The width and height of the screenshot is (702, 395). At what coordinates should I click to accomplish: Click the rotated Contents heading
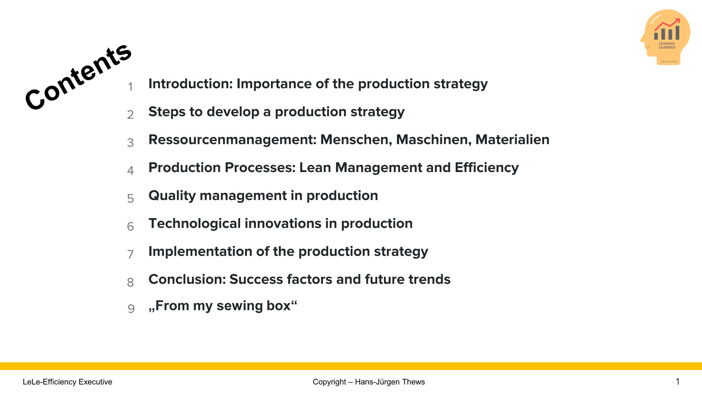[x=78, y=76]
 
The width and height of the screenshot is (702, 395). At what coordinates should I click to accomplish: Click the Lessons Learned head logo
[x=665, y=37]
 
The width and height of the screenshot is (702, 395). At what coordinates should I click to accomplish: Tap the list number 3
[x=130, y=143]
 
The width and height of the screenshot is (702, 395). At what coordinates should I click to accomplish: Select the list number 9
[x=131, y=309]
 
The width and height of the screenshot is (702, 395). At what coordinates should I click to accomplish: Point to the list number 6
[x=130, y=226]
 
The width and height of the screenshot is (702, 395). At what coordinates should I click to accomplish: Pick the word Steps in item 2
[x=167, y=112]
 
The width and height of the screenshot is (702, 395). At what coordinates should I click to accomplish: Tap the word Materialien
[x=512, y=140]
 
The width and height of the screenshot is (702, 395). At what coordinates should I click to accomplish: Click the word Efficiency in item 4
[x=486, y=168]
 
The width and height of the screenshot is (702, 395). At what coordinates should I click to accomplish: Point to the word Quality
[x=172, y=196]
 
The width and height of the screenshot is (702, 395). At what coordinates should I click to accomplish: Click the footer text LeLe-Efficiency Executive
[x=67, y=382]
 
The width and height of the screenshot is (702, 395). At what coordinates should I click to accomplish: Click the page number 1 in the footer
[x=677, y=382]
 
